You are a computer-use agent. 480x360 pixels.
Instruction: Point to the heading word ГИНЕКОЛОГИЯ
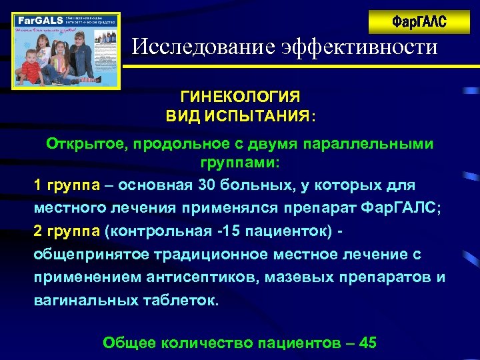[240, 97]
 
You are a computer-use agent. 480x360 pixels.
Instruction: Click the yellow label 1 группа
[65, 185]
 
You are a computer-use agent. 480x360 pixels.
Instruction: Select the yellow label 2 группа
[65, 231]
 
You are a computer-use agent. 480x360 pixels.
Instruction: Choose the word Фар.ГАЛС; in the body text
[400, 207]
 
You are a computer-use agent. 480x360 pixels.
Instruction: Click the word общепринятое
[95, 255]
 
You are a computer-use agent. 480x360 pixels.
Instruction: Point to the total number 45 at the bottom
[368, 343]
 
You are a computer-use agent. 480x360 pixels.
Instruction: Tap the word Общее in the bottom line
[130, 343]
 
